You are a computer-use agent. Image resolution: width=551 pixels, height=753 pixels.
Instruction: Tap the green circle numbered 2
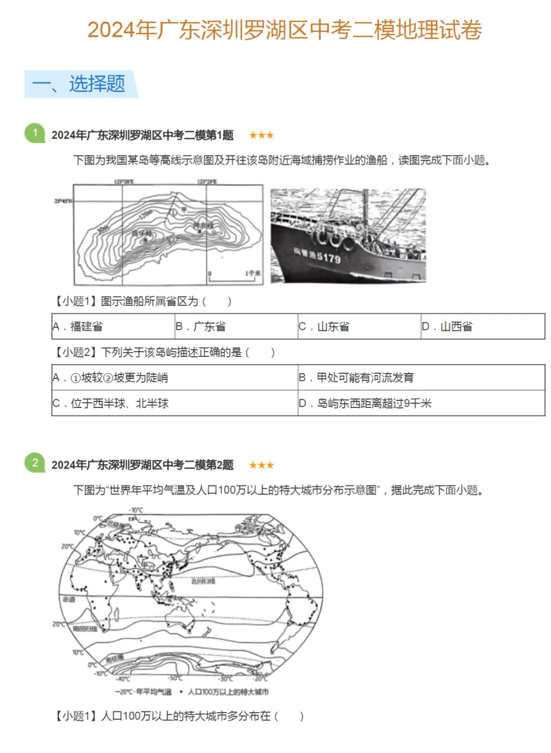pos(35,463)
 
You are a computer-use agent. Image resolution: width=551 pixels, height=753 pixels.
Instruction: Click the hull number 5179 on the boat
pos(328,257)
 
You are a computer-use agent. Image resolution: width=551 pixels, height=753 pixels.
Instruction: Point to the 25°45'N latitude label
pos(63,201)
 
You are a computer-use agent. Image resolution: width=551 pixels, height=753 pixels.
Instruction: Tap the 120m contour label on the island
pos(145,214)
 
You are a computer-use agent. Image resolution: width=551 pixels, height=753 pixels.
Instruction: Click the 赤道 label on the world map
pos(69,600)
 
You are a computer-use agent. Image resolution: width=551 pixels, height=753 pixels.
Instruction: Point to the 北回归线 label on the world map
pos(203,581)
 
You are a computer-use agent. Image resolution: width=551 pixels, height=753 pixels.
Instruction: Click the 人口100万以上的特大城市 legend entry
pos(228,692)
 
